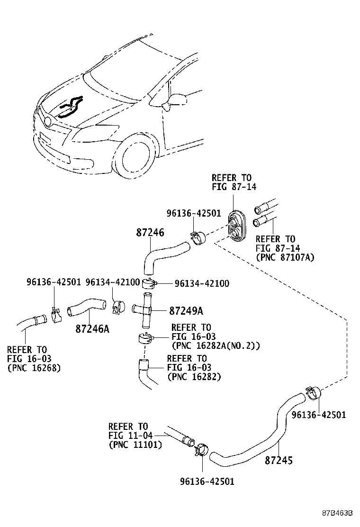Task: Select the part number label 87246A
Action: click(92, 328)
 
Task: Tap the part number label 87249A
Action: click(186, 311)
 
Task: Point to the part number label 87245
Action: click(279, 460)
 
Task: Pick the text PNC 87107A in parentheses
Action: click(285, 257)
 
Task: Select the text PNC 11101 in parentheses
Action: click(135, 445)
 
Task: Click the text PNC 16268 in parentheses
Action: click(34, 368)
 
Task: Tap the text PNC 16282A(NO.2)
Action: click(216, 346)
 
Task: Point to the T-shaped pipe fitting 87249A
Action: click(144, 310)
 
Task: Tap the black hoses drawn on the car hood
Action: click(70, 107)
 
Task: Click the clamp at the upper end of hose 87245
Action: click(312, 391)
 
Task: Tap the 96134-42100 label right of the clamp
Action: click(202, 283)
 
